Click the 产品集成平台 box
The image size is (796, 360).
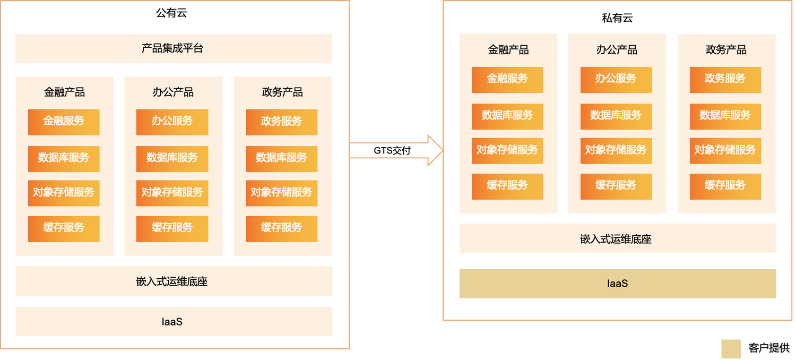(173, 49)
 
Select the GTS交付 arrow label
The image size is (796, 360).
(392, 151)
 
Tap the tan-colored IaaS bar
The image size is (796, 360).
(617, 284)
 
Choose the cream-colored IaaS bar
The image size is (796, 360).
(173, 321)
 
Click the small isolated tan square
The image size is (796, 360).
(730, 349)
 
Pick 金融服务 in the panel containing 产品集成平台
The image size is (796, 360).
(64, 122)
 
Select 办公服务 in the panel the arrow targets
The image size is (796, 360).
(616, 79)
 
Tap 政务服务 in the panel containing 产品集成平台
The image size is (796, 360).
(281, 122)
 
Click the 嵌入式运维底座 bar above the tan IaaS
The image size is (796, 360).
(617, 239)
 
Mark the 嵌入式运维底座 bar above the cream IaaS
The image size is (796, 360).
(173, 281)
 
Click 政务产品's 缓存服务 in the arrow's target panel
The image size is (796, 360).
(725, 186)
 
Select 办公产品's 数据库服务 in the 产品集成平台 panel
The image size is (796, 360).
(172, 158)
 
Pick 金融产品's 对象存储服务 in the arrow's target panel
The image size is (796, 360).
(507, 150)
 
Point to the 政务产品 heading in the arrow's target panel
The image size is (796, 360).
(725, 50)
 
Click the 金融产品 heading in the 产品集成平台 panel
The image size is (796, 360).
(64, 92)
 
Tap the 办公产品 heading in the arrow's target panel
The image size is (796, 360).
(616, 50)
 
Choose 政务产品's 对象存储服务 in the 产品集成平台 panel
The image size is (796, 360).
(281, 193)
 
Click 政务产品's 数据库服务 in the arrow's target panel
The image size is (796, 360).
(725, 116)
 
